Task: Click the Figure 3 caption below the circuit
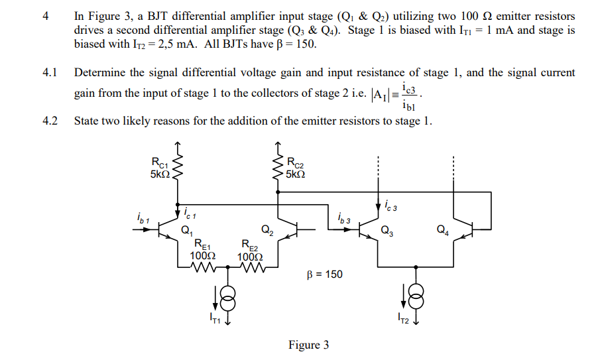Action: click(x=308, y=345)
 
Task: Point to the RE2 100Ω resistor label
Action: click(x=250, y=250)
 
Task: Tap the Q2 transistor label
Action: click(x=266, y=231)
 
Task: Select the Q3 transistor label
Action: click(x=386, y=231)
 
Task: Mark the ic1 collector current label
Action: click(x=189, y=213)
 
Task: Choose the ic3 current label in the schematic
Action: click(x=391, y=206)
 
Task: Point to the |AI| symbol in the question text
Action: click(x=381, y=93)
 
